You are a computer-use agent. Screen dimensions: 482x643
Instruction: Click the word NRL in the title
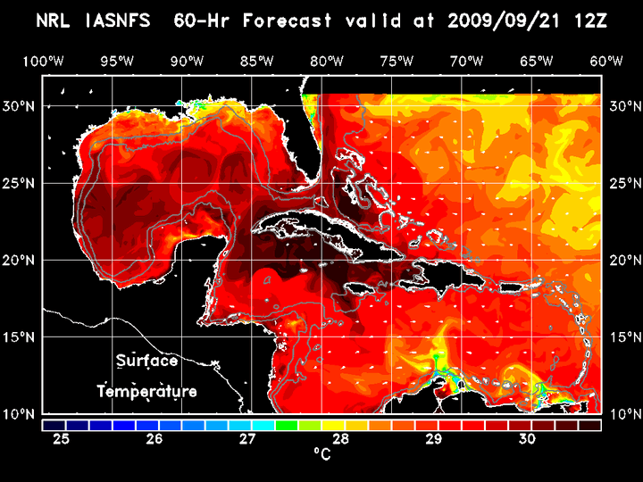(55, 20)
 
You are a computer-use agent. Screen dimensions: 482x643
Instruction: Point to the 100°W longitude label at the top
(41, 61)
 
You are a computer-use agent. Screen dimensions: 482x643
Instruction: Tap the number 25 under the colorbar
(63, 439)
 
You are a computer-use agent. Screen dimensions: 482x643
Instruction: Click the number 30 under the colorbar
(527, 439)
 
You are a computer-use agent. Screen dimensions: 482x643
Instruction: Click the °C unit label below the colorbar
(321, 454)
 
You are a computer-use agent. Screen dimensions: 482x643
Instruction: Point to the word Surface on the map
(146, 361)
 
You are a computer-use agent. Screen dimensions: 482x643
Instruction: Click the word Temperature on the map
(146, 392)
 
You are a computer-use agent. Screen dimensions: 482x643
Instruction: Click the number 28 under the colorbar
(340, 439)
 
